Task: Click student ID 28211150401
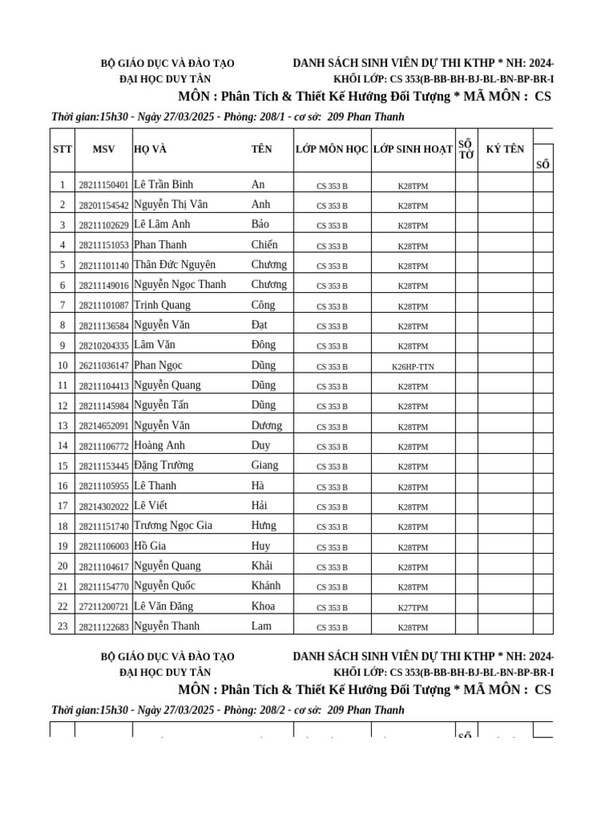tap(104, 185)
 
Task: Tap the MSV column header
tap(104, 149)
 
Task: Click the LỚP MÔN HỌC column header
tap(332, 149)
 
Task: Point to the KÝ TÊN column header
tap(505, 149)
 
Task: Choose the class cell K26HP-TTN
tap(413, 366)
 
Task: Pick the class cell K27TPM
tap(413, 607)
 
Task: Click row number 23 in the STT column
tap(62, 626)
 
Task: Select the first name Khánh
tap(266, 586)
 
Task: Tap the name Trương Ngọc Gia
tap(172, 526)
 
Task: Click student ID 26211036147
tap(104, 366)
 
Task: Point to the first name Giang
tap(265, 465)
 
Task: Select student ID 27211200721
tap(104, 607)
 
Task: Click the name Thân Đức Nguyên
tap(175, 265)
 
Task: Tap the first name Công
tap(263, 305)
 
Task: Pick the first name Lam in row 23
tap(262, 626)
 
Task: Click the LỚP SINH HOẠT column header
tap(413, 149)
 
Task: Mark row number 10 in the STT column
tap(62, 365)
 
